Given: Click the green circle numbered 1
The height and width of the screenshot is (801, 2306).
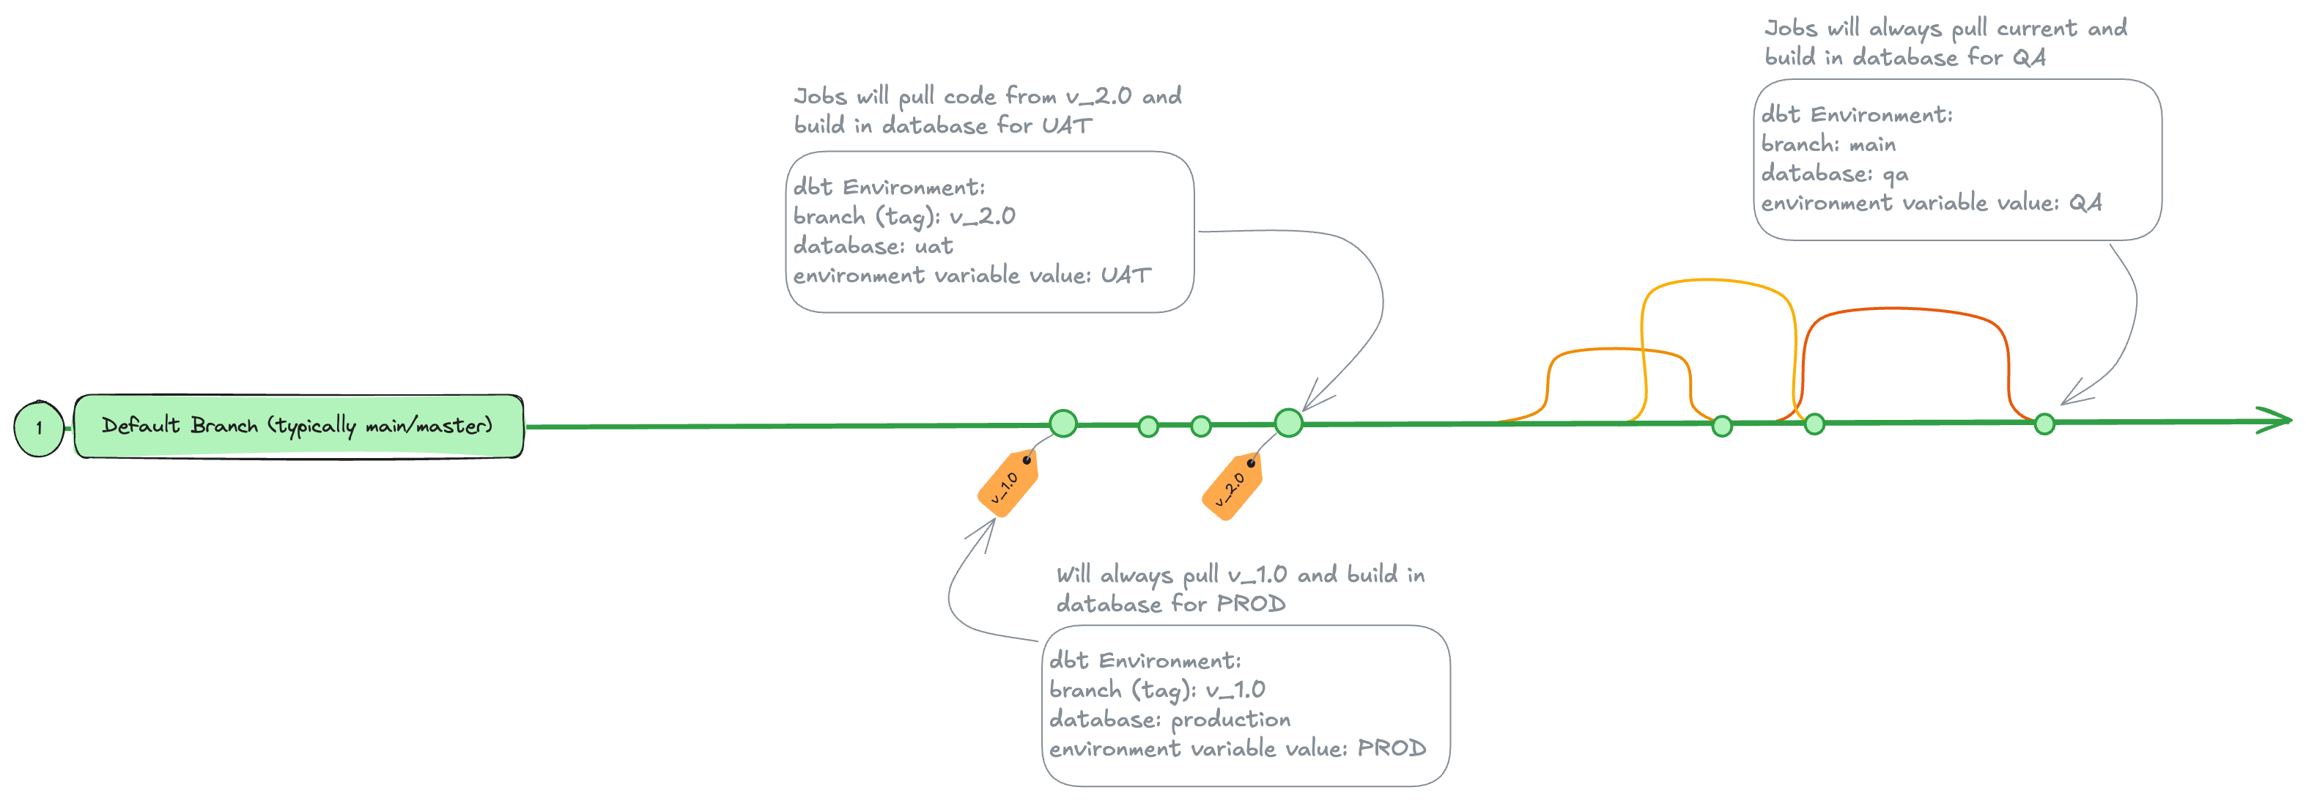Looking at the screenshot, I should (39, 428).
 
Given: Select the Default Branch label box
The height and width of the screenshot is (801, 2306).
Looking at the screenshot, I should (298, 426).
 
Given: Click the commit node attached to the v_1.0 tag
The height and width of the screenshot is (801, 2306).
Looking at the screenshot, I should (1063, 424).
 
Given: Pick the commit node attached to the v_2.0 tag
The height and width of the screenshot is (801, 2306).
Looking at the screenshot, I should (1288, 422).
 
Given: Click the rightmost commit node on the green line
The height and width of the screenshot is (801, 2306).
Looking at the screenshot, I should (2044, 424).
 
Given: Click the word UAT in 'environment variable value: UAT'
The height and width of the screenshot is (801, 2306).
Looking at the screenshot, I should (1124, 276).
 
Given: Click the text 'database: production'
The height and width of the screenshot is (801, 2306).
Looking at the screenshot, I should (1169, 720).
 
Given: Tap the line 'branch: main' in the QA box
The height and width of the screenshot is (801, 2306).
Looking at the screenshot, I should (1828, 144).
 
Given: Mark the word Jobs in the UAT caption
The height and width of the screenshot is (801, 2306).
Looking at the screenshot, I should (820, 96).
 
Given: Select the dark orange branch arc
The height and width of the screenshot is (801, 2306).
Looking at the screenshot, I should (1907, 310).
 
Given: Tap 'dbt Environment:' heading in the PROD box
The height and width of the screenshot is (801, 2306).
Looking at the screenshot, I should (1145, 660).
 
